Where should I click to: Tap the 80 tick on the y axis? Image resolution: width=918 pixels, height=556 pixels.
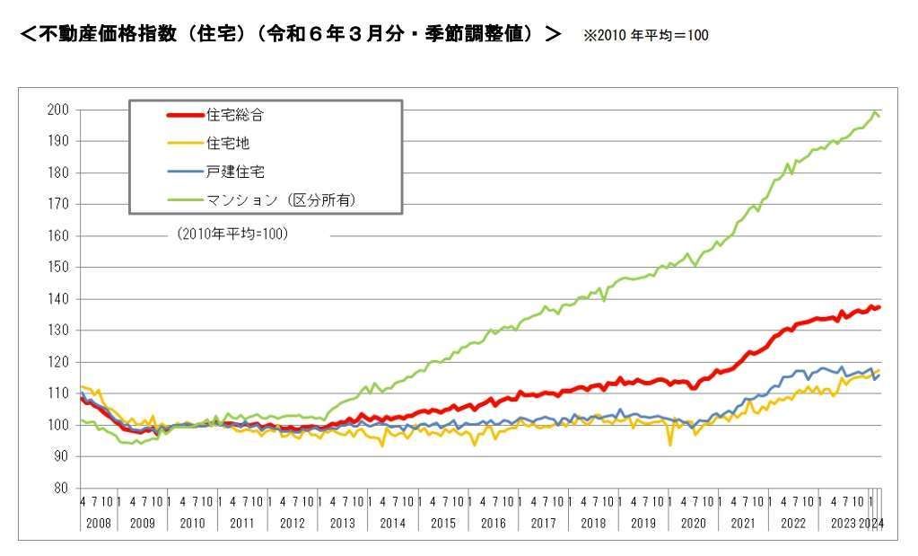(x=63, y=488)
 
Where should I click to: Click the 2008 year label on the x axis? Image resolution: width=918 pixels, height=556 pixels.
(x=99, y=523)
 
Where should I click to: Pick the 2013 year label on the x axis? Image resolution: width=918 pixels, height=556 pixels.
(x=343, y=523)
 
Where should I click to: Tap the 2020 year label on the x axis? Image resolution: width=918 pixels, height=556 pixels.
(x=693, y=523)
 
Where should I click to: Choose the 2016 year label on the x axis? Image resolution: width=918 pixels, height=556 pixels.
(x=493, y=523)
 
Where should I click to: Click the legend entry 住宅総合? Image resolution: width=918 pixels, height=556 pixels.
(x=235, y=114)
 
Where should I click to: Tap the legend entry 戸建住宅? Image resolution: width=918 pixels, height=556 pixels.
(x=235, y=171)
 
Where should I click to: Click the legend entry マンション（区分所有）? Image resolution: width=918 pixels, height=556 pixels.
(x=281, y=199)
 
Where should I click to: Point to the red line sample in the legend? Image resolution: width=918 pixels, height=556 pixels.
(x=186, y=114)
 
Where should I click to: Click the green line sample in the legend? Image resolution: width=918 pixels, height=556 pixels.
(x=186, y=199)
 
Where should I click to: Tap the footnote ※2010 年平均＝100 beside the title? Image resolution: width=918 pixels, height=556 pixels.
(x=646, y=36)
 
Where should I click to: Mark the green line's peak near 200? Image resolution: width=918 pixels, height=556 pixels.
(x=875, y=112)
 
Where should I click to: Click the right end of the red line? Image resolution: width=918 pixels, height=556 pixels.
(x=880, y=307)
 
